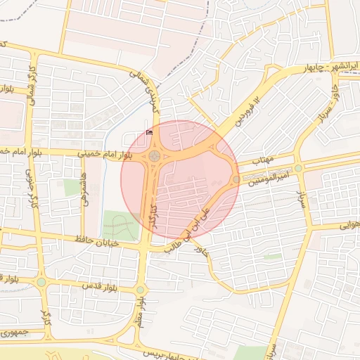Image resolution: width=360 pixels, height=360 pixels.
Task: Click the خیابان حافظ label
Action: pos(98,242)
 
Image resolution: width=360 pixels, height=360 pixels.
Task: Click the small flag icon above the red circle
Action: pos(148,131)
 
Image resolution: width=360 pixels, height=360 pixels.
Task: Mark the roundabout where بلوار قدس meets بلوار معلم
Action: pos(141,290)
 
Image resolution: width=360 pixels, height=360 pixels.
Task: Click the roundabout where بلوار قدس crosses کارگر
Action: pos(41,283)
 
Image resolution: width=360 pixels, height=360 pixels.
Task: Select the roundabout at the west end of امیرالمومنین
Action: pos(235,179)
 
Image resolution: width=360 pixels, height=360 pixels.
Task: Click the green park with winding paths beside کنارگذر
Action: pos(120,225)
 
